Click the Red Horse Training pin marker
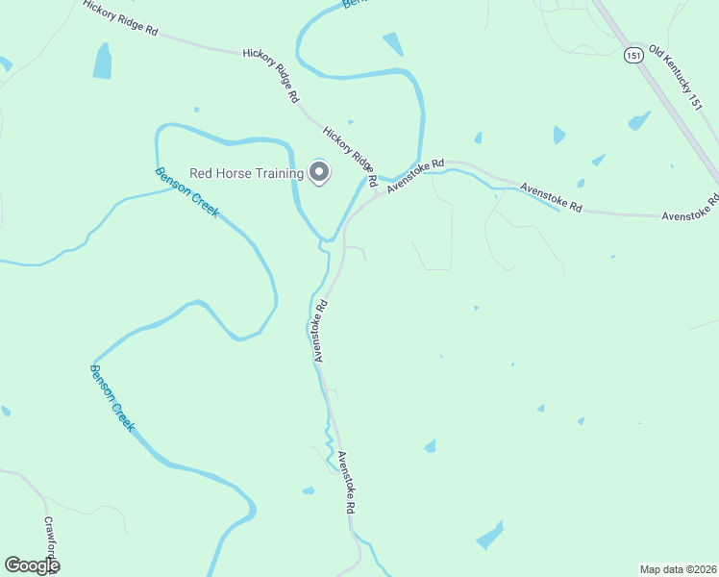coord(320,172)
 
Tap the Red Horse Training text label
coord(246,174)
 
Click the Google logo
coord(32,565)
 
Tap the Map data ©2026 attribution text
coord(677,569)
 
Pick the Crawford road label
coord(50,539)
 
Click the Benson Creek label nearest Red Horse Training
coord(186,192)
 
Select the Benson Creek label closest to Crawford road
coord(112,397)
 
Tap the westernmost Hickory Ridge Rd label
coord(120,18)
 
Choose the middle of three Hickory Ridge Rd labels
coord(271,77)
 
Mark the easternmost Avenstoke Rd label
coord(690,209)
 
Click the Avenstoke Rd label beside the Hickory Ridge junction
coord(416,177)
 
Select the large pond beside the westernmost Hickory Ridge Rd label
coord(102,61)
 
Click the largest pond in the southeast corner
coord(490,535)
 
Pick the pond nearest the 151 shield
coord(638,121)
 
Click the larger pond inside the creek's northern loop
coord(392,43)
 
